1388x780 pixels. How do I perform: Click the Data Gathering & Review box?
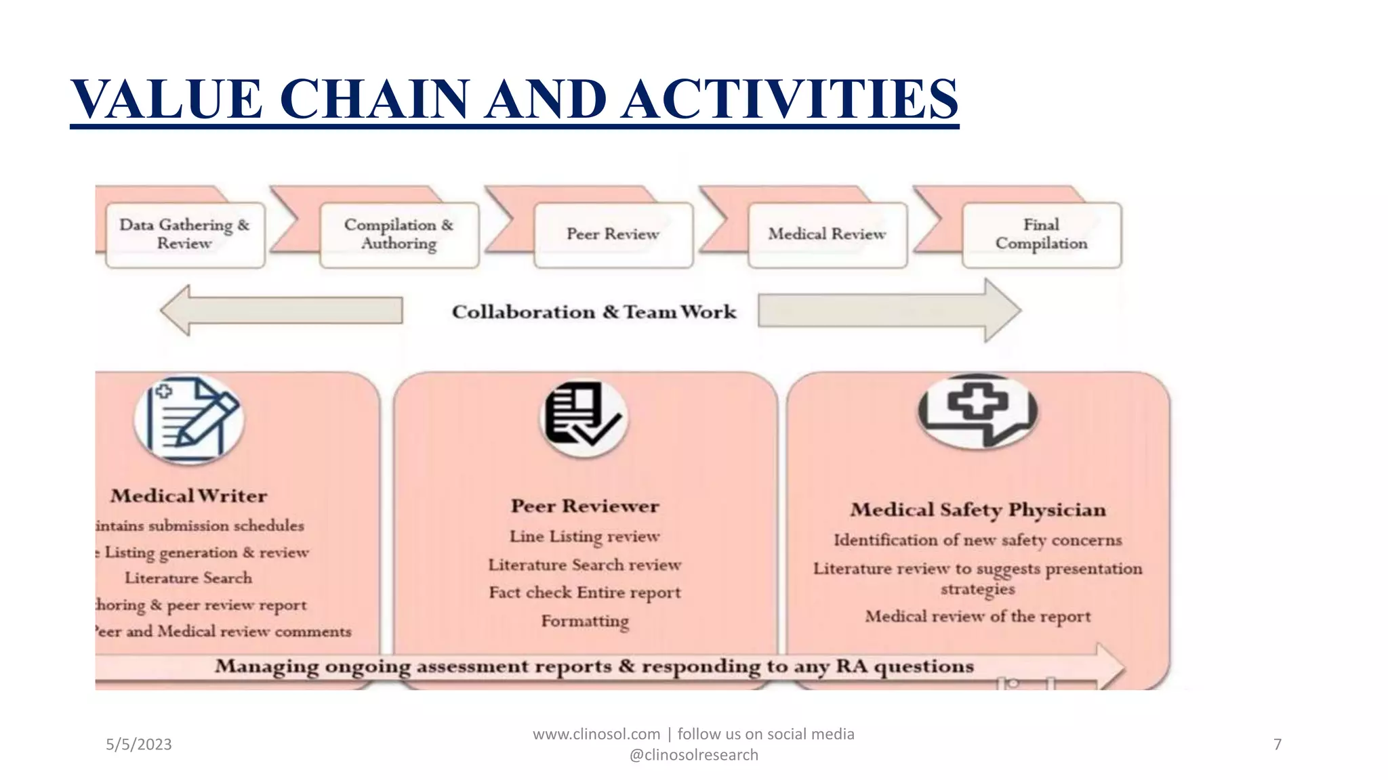coord(184,234)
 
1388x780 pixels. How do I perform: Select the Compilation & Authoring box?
coord(399,234)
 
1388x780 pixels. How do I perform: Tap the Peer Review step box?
coord(613,234)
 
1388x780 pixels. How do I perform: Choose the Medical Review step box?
coord(827,234)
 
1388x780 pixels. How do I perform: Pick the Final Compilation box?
coord(1041,234)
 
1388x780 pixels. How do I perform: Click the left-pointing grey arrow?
coord(281,311)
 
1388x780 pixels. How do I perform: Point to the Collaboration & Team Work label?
coord(594,312)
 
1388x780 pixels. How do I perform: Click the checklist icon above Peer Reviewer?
coord(584,416)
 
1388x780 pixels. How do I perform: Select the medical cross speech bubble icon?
coord(977,410)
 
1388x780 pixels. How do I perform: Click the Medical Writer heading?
coord(189,496)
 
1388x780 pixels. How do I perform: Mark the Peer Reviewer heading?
coord(584,506)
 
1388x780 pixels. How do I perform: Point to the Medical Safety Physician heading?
coord(977,510)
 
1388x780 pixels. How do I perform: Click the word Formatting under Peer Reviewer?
coord(584,621)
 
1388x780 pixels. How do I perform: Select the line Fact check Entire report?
coord(584,592)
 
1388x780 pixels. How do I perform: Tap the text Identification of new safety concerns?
coord(977,540)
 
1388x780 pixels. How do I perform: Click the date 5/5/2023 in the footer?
coord(139,745)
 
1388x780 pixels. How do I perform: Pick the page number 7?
coord(1278,745)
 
